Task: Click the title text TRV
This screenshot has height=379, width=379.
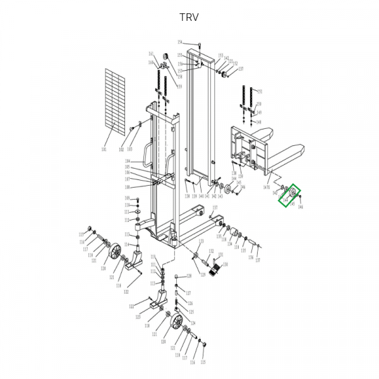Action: click(189, 17)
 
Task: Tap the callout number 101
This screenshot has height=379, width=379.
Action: click(104, 150)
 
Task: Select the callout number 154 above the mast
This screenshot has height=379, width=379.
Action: click(180, 42)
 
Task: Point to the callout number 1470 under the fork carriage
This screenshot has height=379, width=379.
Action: click(267, 186)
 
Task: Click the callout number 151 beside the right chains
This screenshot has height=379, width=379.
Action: click(259, 91)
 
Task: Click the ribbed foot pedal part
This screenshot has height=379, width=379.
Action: click(214, 267)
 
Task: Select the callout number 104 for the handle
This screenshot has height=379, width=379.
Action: click(127, 162)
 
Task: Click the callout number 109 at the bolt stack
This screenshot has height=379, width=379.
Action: click(127, 198)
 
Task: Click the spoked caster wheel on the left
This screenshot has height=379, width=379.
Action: click(116, 255)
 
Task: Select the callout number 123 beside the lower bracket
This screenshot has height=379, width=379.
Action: click(137, 317)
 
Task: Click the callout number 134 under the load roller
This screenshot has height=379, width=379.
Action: click(230, 243)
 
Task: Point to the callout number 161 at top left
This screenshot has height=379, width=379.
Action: click(151, 54)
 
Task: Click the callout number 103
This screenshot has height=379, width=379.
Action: click(129, 150)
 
